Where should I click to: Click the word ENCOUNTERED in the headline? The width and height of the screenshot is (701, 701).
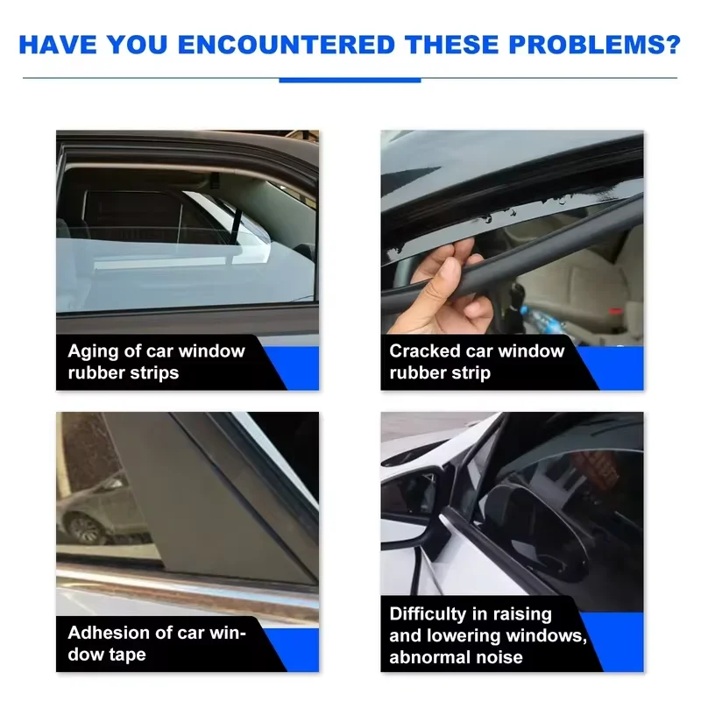click(x=287, y=45)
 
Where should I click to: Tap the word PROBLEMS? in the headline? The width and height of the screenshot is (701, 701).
click(x=595, y=45)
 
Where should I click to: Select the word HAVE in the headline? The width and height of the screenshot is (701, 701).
click(x=58, y=45)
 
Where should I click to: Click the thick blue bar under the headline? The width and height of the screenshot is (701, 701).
click(x=350, y=81)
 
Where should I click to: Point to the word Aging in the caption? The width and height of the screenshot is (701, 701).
click(x=94, y=352)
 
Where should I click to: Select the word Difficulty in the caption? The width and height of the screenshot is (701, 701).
click(x=422, y=615)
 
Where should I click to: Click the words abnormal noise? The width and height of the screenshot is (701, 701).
click(x=456, y=657)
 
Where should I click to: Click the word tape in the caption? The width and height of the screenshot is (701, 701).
click(x=127, y=655)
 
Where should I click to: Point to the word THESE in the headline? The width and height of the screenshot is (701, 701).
click(x=452, y=45)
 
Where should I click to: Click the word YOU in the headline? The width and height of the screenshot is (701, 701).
click(x=138, y=45)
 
